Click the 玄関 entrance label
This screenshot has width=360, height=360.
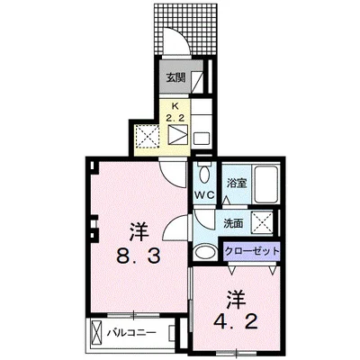click(x=175, y=78)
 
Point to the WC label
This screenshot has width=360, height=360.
click(x=204, y=195)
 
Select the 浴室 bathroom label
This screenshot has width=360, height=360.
click(x=237, y=183)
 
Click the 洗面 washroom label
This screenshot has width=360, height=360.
click(x=233, y=223)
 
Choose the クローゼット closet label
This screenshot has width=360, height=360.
click(x=252, y=251)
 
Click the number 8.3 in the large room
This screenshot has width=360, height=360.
click(x=139, y=256)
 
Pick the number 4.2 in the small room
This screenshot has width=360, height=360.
click(x=236, y=322)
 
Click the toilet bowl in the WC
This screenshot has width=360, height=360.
click(x=205, y=174)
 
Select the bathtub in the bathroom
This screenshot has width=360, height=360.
click(x=266, y=184)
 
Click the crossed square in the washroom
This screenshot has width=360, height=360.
click(x=262, y=222)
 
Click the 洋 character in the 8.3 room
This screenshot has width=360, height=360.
click(x=139, y=231)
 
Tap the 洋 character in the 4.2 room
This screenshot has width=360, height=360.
click(x=236, y=299)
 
